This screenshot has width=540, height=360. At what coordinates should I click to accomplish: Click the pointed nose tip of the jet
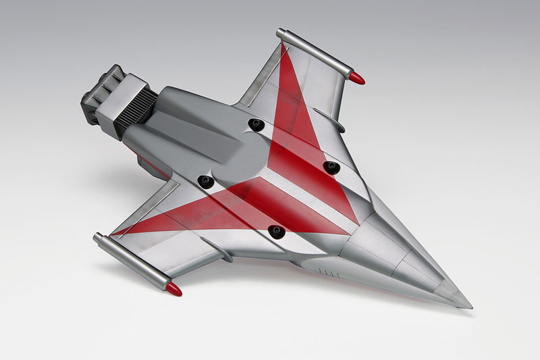[470, 307]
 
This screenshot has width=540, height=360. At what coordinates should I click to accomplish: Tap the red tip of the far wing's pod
[359, 79]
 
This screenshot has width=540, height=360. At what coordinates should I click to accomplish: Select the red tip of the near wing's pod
[175, 290]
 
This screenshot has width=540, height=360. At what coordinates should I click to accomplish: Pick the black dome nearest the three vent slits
[275, 232]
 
